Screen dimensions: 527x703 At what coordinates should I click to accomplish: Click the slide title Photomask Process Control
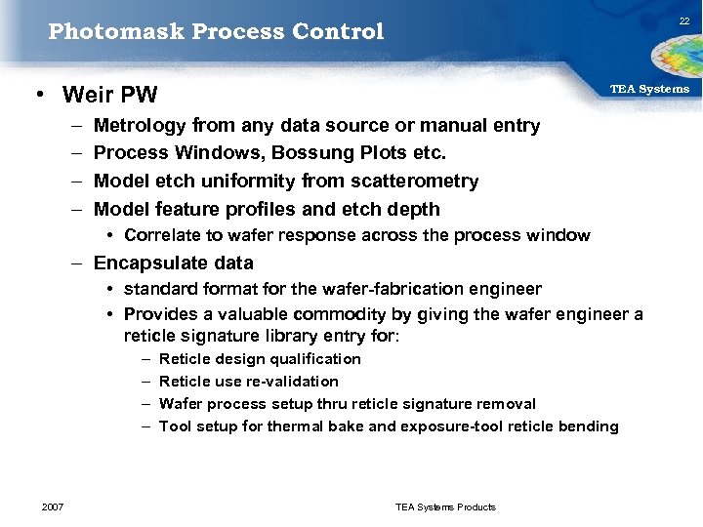216,31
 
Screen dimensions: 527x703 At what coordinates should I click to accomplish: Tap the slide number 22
684,22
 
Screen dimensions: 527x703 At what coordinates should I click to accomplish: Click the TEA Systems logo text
649,89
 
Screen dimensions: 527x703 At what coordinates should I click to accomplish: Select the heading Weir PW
109,95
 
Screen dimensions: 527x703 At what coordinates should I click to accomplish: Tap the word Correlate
163,235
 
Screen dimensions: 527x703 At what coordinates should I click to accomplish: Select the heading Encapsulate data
173,263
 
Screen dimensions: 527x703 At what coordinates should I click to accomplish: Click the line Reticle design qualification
260,359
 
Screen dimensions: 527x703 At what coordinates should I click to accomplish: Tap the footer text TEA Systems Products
445,507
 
